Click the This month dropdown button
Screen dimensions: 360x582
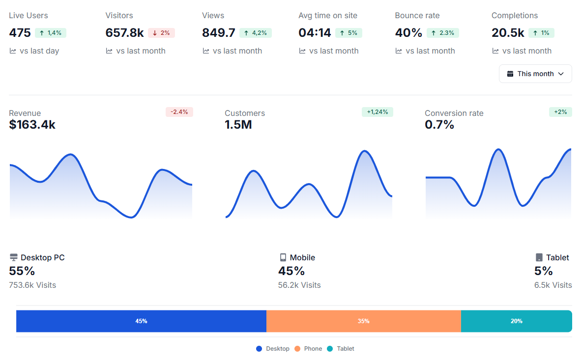(535, 74)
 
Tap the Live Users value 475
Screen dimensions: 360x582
(20, 33)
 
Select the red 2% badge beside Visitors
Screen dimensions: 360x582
(161, 33)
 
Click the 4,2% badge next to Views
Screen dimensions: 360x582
(255, 33)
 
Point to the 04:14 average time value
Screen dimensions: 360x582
(315, 33)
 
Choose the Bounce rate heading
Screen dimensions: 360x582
(417, 16)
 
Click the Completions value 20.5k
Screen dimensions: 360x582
(508, 33)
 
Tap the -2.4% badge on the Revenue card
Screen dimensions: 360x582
(179, 112)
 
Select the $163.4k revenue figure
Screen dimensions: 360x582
(32, 125)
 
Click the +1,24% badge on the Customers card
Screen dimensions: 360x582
(377, 112)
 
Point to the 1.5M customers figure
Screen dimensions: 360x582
(238, 125)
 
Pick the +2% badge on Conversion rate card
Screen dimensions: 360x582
(560, 112)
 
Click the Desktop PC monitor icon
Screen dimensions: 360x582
(14, 257)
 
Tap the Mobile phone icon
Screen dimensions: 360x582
(283, 257)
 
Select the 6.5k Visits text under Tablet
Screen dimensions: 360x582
(553, 285)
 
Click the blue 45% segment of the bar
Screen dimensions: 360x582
(141, 321)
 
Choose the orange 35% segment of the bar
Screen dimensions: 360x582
(363, 321)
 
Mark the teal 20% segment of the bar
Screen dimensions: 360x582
(516, 321)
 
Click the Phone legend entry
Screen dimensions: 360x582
(308, 349)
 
